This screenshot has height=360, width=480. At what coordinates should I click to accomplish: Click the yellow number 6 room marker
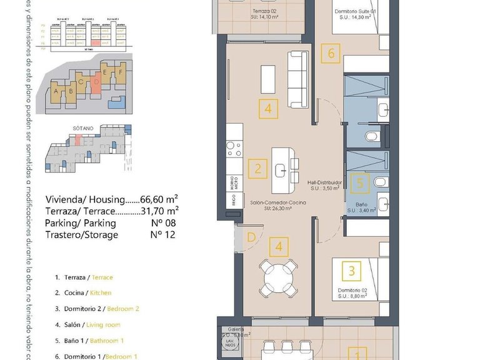[331, 53]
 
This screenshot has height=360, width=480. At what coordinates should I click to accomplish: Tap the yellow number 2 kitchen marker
[257, 168]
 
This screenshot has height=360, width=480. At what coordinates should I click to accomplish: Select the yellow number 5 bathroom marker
[359, 184]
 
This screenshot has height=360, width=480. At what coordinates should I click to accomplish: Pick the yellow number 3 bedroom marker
[352, 271]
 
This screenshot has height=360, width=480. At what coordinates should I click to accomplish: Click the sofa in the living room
[297, 79]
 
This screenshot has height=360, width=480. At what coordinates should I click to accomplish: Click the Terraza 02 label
[265, 11]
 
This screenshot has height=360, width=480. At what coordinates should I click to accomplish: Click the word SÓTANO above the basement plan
[82, 127]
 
